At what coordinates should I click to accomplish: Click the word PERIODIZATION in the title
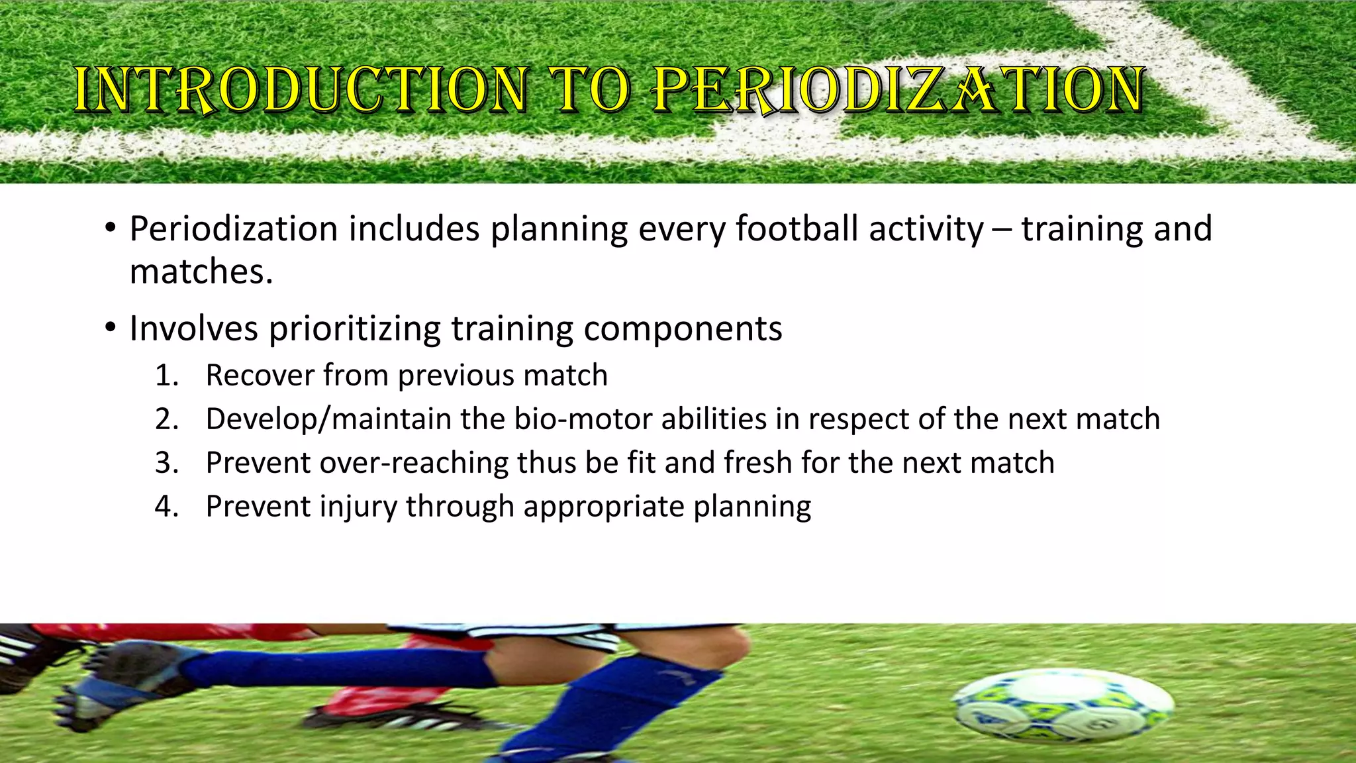tap(898, 89)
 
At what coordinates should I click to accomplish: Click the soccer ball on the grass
tap(1063, 705)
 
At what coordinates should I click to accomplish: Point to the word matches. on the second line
tap(201, 272)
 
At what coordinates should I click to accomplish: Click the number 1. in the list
tap(168, 376)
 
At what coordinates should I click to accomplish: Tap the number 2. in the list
tap(168, 419)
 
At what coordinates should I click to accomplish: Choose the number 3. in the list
tap(168, 463)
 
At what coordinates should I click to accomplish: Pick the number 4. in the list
tap(168, 507)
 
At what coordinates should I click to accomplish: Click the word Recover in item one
tap(260, 376)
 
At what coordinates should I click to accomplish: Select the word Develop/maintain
tap(328, 419)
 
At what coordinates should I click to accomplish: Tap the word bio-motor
tap(583, 419)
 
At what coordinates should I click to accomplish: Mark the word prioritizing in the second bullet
tap(355, 329)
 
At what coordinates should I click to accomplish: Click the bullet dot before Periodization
tap(111, 230)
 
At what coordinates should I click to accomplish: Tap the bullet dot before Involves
tap(111, 329)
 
